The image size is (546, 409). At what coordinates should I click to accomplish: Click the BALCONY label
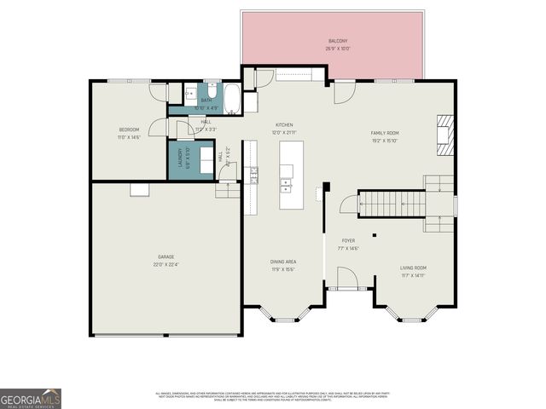pyautogui.click(x=338, y=41)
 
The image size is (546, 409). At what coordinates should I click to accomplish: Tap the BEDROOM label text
pyautogui.click(x=129, y=129)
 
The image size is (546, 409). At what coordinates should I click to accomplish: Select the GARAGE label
pyautogui.click(x=166, y=256)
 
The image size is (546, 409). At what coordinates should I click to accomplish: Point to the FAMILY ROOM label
pyautogui.click(x=385, y=133)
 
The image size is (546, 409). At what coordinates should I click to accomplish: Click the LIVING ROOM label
pyautogui.click(x=413, y=268)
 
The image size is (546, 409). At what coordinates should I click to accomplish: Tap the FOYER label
pyautogui.click(x=348, y=241)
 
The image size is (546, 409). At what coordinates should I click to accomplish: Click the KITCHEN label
pyautogui.click(x=283, y=124)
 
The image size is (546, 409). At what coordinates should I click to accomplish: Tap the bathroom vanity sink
pyautogui.click(x=189, y=91)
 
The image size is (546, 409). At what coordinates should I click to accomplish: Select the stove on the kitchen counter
pyautogui.click(x=253, y=175)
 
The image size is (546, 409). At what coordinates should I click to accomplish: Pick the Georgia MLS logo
pyautogui.click(x=31, y=399)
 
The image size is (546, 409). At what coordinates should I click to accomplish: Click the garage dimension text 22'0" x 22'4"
pyautogui.click(x=166, y=263)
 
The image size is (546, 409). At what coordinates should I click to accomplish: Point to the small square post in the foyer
pyautogui.click(x=374, y=236)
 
